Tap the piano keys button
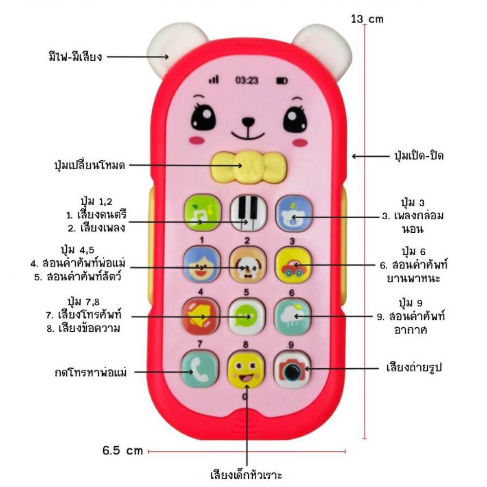(247, 213)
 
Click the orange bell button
(199, 317)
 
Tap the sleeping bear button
(293, 213)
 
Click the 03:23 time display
(247, 80)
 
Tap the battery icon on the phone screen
(282, 80)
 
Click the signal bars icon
(213, 79)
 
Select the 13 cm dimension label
(367, 19)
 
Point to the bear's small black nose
(247, 120)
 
